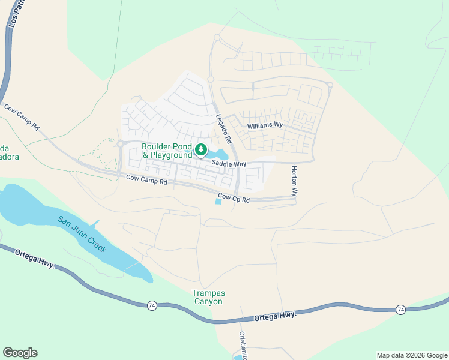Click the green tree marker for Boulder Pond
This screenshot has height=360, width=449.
tap(202, 149)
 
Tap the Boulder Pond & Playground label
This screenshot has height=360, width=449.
tap(167, 151)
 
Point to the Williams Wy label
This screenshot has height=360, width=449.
tap(265, 125)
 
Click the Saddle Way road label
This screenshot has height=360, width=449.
tap(229, 164)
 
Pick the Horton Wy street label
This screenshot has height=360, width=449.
tap(294, 182)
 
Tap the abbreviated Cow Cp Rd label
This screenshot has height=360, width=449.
tap(234, 197)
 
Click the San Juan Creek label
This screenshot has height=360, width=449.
tap(82, 234)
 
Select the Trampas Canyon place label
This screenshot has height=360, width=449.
tap(208, 297)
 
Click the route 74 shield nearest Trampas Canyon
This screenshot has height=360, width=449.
tap(152, 305)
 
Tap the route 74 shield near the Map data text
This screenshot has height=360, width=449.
tap(400, 309)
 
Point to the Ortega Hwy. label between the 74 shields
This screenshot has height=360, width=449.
tap(276, 316)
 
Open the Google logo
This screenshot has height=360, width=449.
tap(20, 352)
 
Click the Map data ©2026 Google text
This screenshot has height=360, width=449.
tap(411, 355)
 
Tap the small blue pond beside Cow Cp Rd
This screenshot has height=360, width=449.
tap(218, 202)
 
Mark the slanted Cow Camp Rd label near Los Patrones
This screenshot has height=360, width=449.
tap(22, 118)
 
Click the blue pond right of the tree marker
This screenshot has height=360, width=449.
tap(220, 155)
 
